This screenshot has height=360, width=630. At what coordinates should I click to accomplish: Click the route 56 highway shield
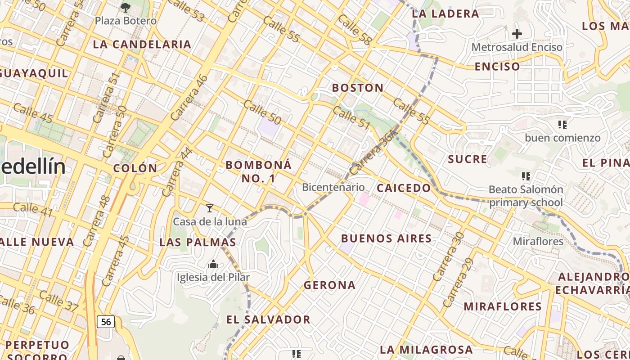[x=106, y=322]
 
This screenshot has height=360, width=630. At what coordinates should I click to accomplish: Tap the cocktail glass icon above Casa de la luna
[x=209, y=208]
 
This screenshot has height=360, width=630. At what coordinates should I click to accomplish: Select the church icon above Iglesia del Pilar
[x=213, y=264]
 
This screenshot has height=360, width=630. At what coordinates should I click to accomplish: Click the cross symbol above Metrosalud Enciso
[x=517, y=34]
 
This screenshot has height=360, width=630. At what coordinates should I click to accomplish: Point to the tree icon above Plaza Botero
[x=126, y=7]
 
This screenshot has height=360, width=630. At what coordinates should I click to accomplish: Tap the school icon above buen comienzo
[x=562, y=125]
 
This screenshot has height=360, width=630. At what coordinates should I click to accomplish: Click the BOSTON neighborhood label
[x=358, y=88]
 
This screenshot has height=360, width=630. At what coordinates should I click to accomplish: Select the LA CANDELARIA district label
[x=142, y=45]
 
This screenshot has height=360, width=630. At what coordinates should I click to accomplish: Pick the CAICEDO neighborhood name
[x=404, y=188]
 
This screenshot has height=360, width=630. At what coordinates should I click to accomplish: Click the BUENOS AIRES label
[x=387, y=238]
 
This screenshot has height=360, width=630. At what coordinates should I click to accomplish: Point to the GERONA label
[x=330, y=285]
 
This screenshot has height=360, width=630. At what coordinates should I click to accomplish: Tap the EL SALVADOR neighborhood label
[x=268, y=320]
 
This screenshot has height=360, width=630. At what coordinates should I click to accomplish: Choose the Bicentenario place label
[x=333, y=187]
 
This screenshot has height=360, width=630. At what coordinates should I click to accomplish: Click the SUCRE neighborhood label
[x=468, y=159]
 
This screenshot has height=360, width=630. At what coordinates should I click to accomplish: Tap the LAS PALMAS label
[x=198, y=243]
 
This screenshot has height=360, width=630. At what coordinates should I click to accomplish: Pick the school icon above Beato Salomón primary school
[x=526, y=176]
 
